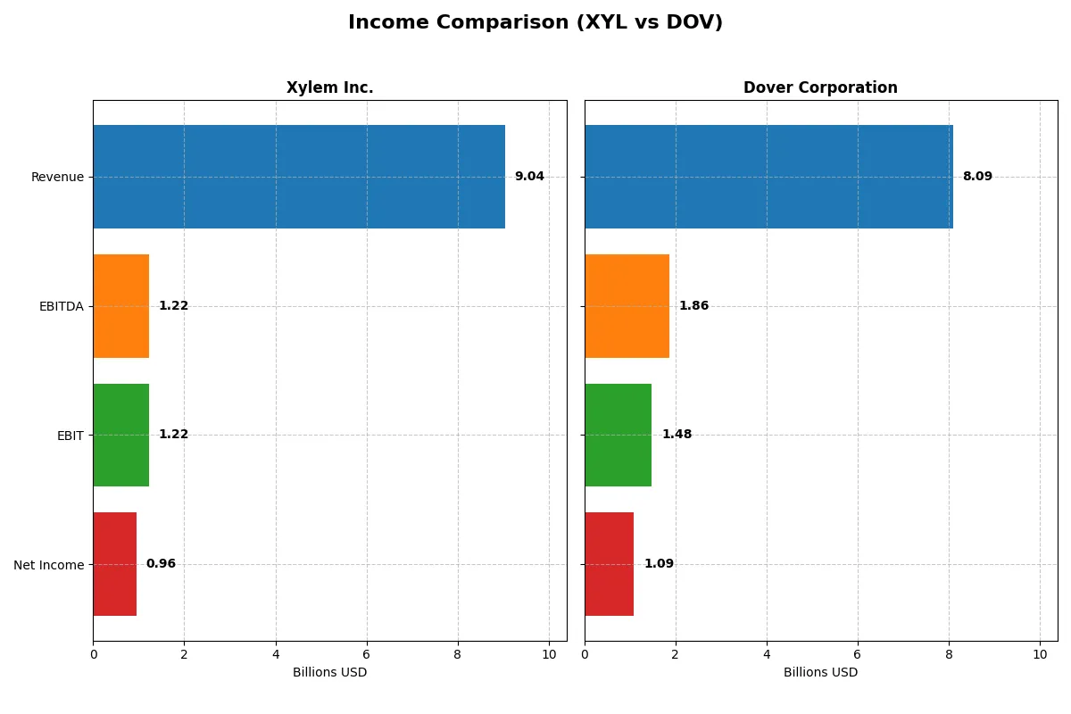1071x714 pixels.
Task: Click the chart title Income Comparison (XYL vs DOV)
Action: click(x=535, y=23)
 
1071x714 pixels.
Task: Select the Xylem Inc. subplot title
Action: click(x=329, y=88)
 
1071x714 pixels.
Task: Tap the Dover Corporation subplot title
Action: click(x=820, y=88)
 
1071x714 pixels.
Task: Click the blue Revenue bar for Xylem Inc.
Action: click(x=299, y=177)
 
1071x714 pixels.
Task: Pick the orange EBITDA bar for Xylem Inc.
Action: click(x=121, y=306)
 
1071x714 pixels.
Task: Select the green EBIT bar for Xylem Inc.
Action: click(x=121, y=436)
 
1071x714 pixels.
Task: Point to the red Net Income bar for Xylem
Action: click(x=115, y=564)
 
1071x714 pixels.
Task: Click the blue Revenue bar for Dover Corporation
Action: click(x=768, y=177)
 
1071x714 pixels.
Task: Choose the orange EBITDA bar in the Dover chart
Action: click(x=627, y=306)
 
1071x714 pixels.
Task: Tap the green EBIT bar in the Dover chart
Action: click(x=618, y=436)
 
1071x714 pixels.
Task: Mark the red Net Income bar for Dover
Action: click(x=609, y=564)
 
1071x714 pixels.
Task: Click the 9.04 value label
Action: click(x=529, y=177)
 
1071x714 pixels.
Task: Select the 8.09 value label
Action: click(x=977, y=177)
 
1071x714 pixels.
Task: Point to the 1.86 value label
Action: click(x=693, y=306)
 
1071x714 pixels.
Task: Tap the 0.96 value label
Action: click(x=161, y=564)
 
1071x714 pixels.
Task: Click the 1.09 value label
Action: click(x=659, y=564)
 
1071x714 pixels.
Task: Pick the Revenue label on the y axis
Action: click(x=57, y=177)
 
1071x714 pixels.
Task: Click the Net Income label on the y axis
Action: click(x=49, y=565)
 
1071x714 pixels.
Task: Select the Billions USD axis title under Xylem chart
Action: click(x=329, y=673)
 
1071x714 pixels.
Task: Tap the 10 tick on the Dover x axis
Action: click(x=1040, y=654)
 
